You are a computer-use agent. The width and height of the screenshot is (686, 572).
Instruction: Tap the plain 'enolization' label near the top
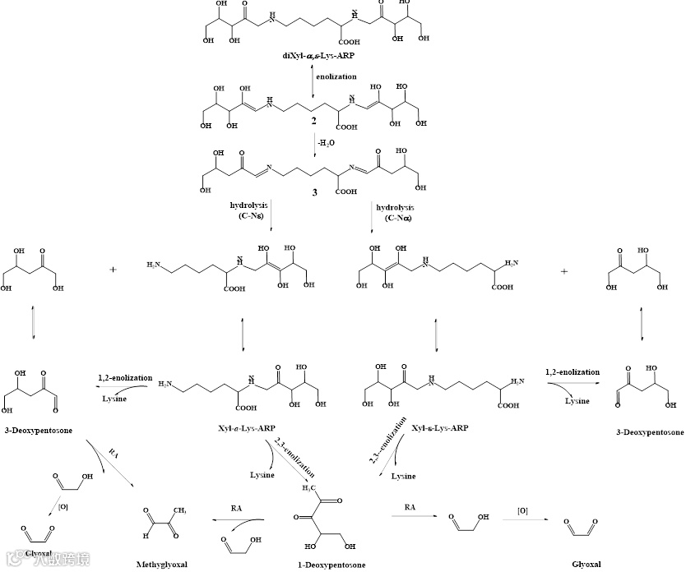337,76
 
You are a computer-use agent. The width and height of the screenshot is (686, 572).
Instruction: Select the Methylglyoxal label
162,565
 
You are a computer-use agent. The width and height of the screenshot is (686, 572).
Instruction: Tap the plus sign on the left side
113,268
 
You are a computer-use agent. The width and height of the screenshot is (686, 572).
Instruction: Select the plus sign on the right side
563,270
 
